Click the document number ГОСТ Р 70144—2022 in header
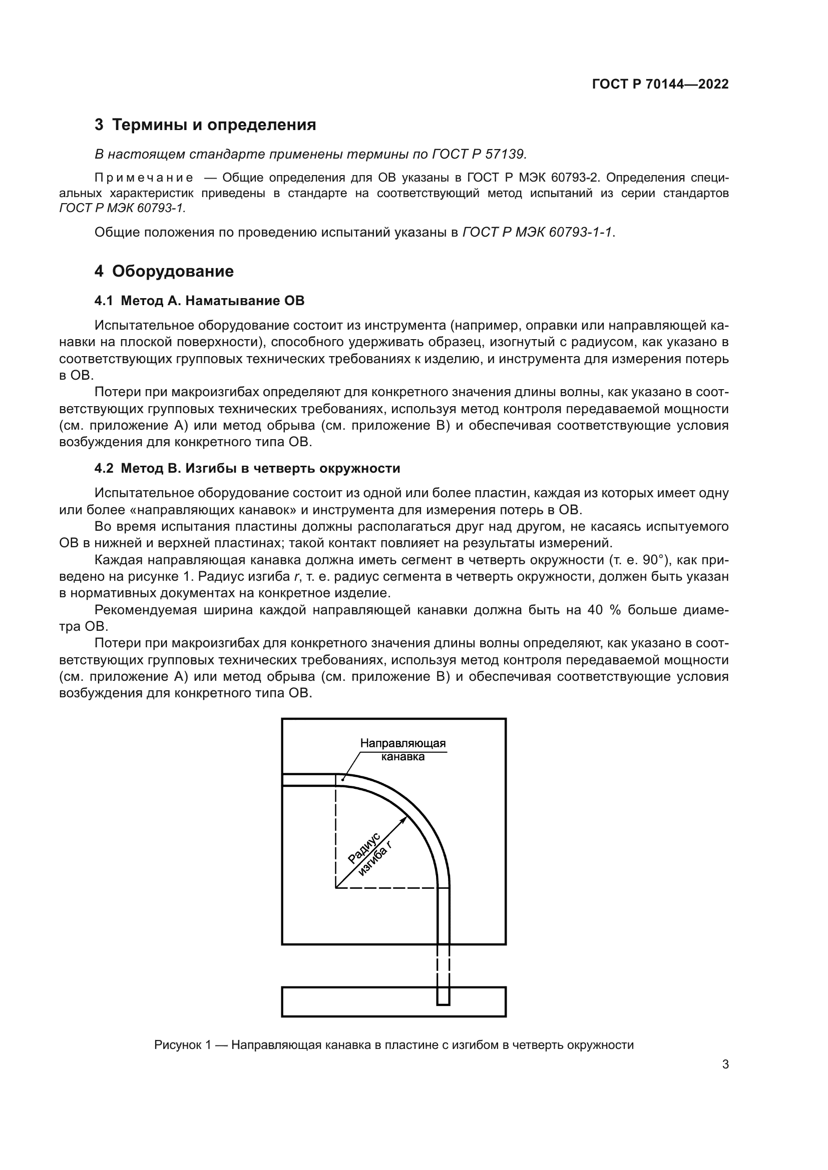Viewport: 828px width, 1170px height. (x=660, y=85)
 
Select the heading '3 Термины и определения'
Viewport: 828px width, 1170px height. (x=205, y=125)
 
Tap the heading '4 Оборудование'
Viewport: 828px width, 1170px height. (x=164, y=272)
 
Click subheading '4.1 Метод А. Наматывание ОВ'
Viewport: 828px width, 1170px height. (x=199, y=301)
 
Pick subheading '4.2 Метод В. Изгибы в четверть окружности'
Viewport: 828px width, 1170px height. (x=247, y=468)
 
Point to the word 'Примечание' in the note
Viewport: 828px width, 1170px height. (x=144, y=178)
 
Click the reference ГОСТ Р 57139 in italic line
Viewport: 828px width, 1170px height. (x=479, y=154)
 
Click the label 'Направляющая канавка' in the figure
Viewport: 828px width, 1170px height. (x=403, y=750)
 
